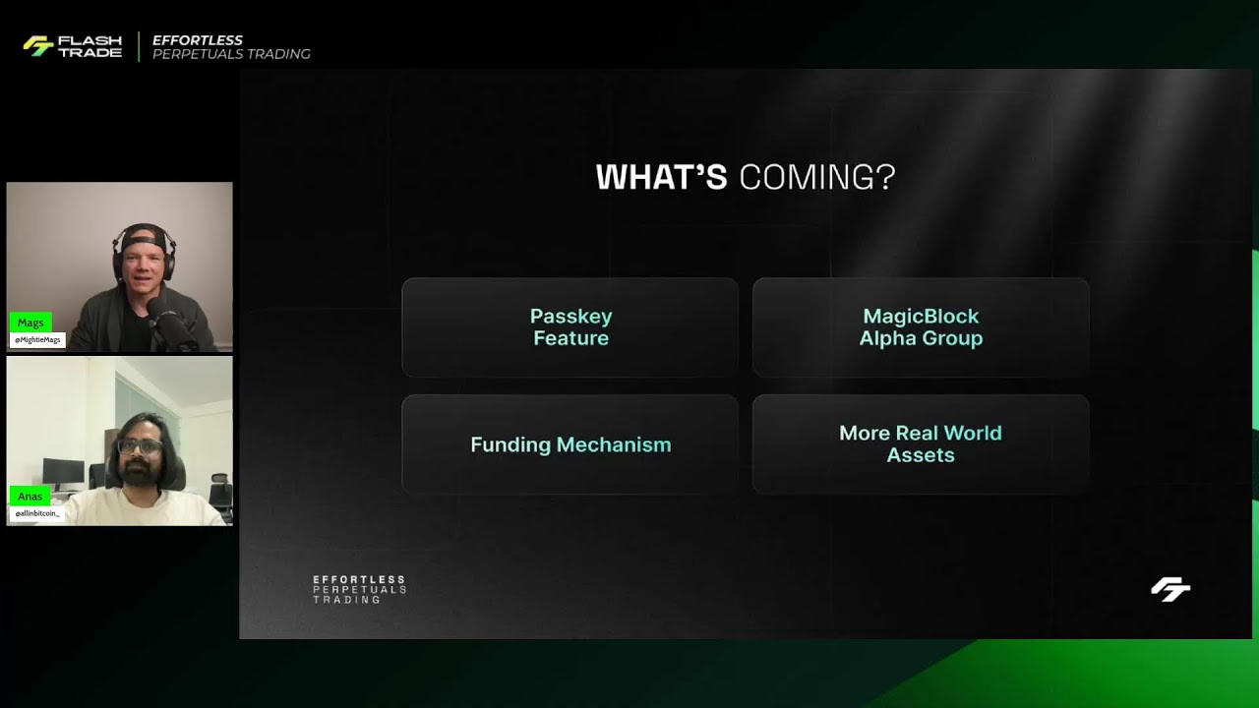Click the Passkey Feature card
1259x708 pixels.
pos(570,327)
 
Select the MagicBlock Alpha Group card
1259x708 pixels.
pos(921,327)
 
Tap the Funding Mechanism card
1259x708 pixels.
pos(570,444)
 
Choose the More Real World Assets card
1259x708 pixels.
pos(921,444)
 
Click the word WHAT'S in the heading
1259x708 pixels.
pos(661,178)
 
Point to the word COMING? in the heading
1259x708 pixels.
pos(816,178)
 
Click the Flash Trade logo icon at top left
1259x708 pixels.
pos(38,46)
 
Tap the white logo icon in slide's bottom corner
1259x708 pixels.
pos(1170,589)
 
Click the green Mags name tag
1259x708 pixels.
pos(30,323)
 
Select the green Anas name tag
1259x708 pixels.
pos(30,497)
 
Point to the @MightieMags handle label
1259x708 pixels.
pos(37,340)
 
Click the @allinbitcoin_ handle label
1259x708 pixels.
pos(37,513)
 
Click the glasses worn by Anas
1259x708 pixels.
pos(140,446)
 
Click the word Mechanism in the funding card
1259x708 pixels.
pos(614,444)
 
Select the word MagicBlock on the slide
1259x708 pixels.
pos(921,317)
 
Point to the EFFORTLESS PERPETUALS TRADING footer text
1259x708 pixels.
pos(359,589)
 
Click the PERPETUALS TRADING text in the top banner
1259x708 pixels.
pos(231,54)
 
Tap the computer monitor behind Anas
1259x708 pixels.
pos(63,472)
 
